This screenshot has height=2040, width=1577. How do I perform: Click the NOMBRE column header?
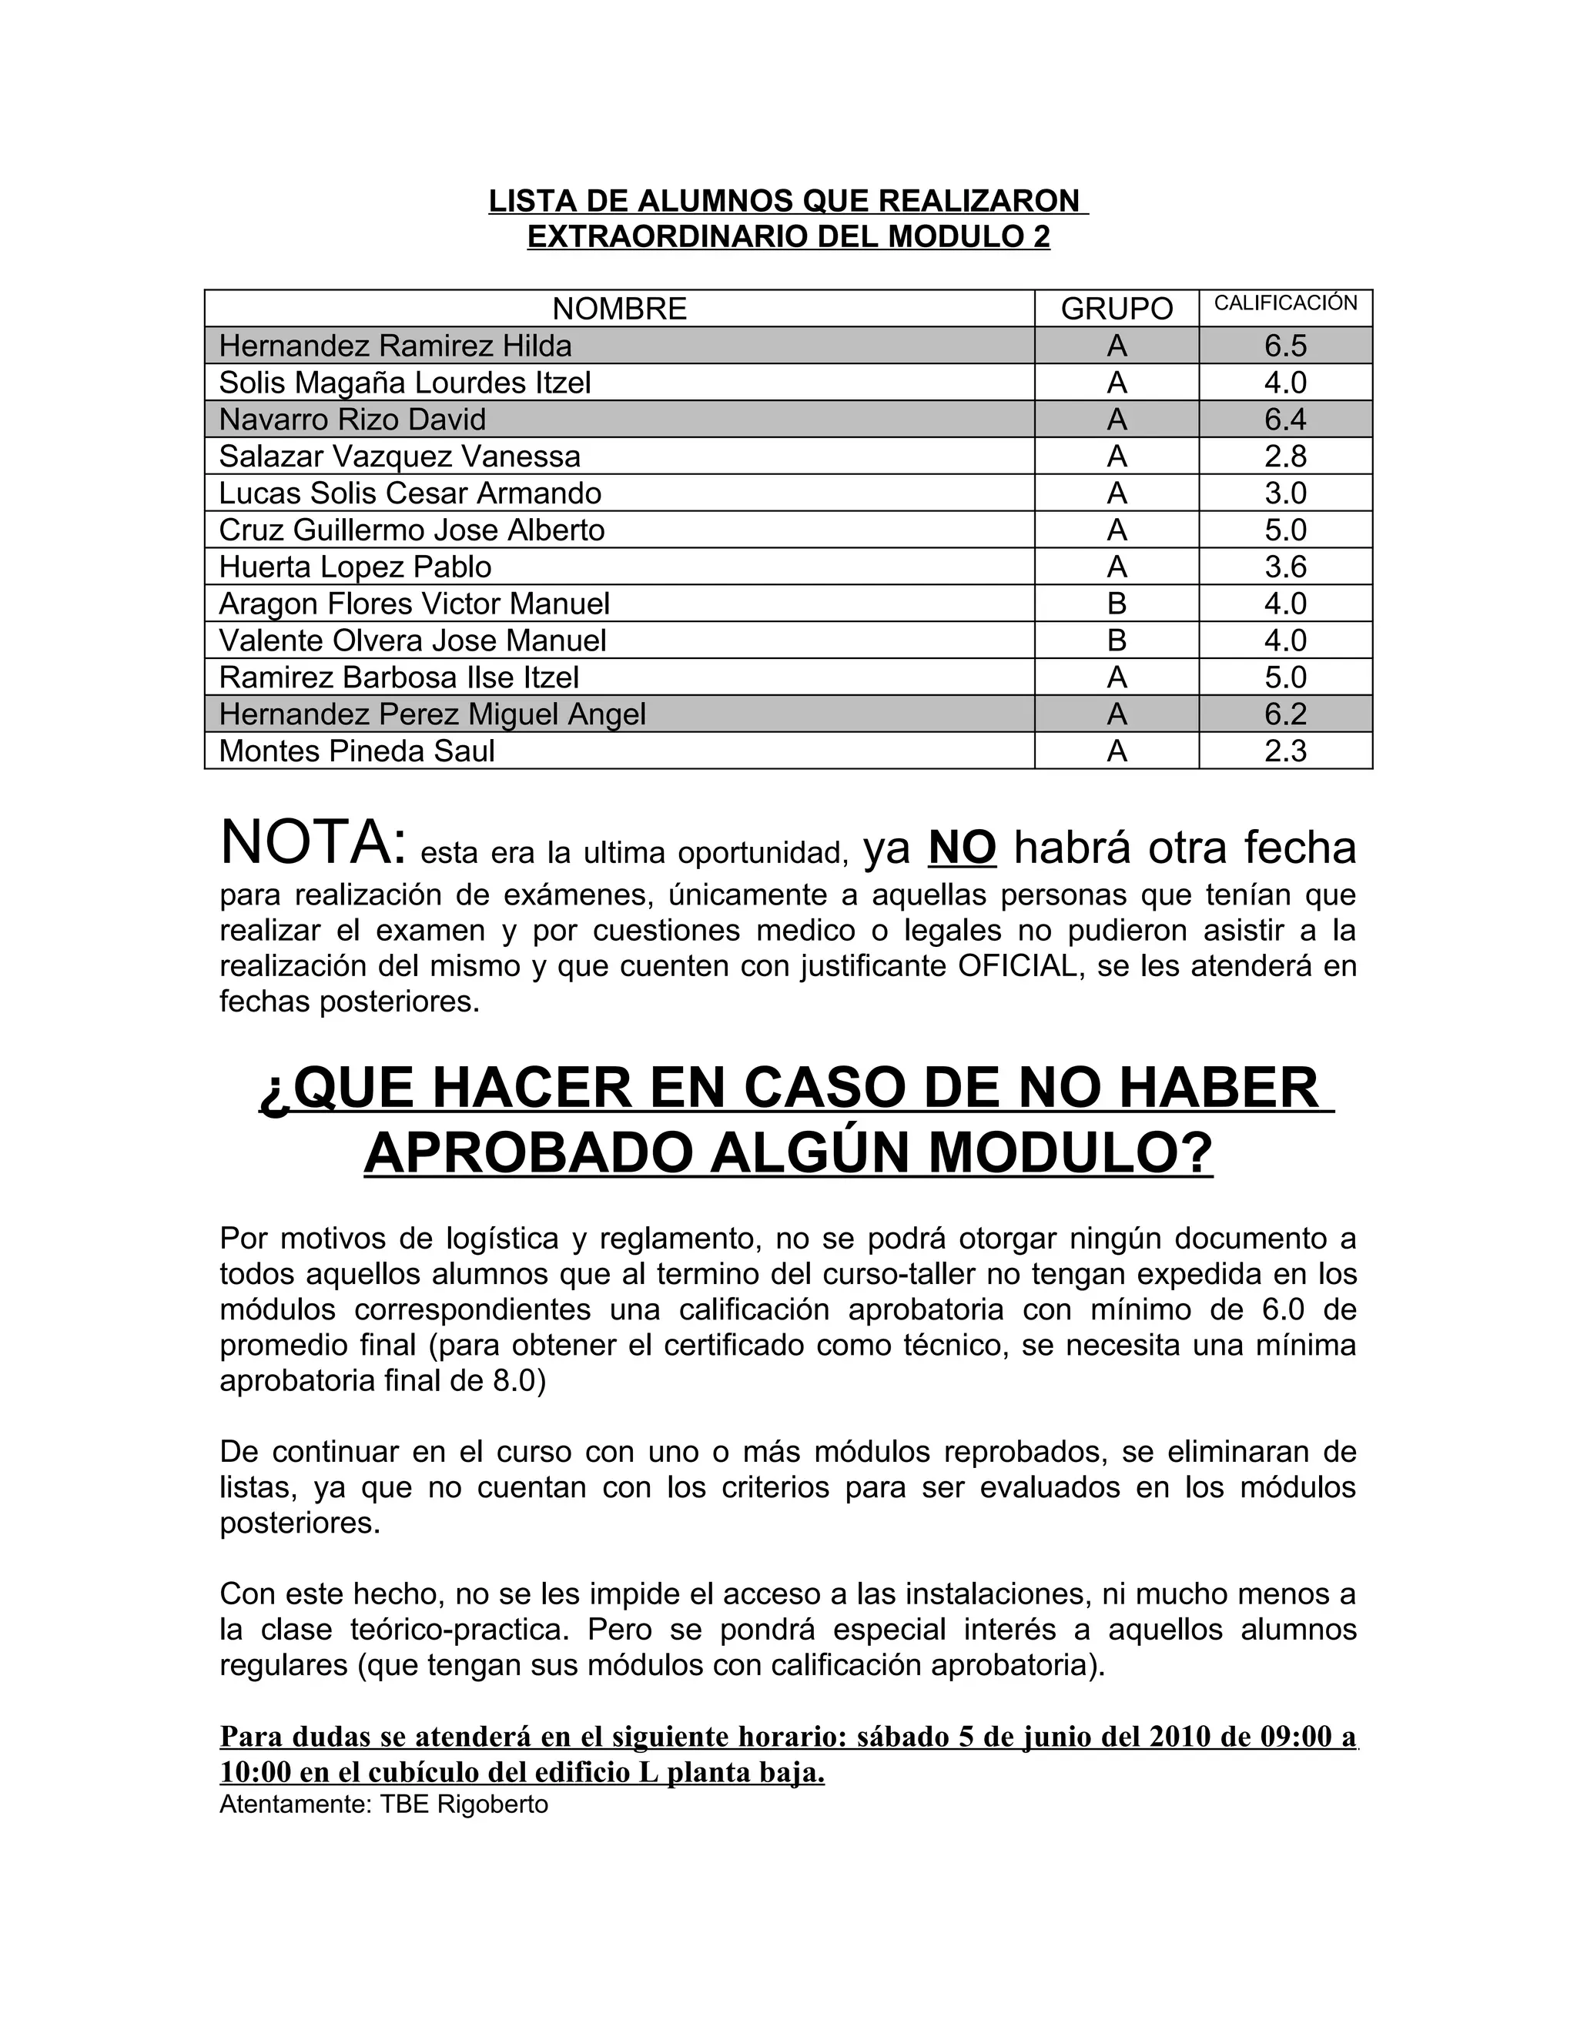coord(619,308)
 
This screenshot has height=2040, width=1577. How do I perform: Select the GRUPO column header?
coord(1117,308)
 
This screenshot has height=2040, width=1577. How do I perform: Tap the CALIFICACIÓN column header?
coord(1285,303)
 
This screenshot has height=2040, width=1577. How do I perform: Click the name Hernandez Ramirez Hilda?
coord(395,346)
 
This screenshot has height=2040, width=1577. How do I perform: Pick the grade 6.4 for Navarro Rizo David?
coord(1285,420)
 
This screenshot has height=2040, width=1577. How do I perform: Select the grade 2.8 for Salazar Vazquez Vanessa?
coord(1285,456)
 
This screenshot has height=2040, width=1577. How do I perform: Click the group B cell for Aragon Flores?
coord(1117,604)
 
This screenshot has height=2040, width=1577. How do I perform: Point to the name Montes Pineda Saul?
coord(357,751)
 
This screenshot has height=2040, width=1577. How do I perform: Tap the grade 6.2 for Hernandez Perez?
coord(1285,714)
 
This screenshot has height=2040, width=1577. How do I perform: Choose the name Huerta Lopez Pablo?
coord(355,567)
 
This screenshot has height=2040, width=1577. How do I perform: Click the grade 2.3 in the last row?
coord(1285,751)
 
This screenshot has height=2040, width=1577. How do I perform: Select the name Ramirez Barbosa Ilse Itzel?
coord(399,677)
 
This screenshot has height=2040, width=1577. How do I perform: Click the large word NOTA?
coord(313,842)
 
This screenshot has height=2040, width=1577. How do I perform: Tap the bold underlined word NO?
coord(963,848)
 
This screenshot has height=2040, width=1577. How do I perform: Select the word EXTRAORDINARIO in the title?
coord(669,237)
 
